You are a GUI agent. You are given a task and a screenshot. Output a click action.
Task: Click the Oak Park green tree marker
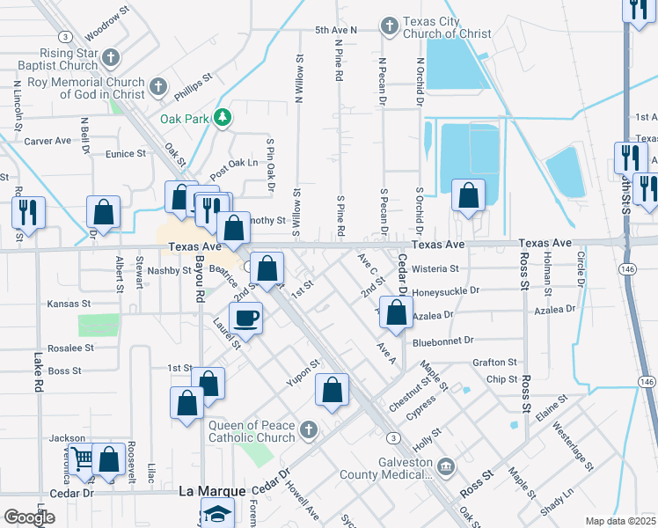pyautogui.click(x=223, y=117)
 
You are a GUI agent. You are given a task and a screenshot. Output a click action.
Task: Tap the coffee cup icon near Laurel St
pyautogui.click(x=245, y=316)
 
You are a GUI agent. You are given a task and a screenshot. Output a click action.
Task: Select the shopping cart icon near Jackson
pyautogui.click(x=82, y=458)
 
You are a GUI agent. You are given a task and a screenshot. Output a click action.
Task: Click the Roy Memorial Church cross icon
pyautogui.click(x=157, y=87)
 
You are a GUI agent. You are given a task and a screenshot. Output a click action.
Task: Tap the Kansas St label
pyautogui.click(x=69, y=303)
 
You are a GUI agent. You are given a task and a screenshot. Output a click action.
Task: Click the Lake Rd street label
pyautogui.click(x=38, y=373)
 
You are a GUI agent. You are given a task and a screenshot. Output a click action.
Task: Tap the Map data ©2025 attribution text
pyautogui.click(x=620, y=521)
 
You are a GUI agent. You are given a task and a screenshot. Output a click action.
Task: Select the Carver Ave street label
pyautogui.click(x=48, y=141)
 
